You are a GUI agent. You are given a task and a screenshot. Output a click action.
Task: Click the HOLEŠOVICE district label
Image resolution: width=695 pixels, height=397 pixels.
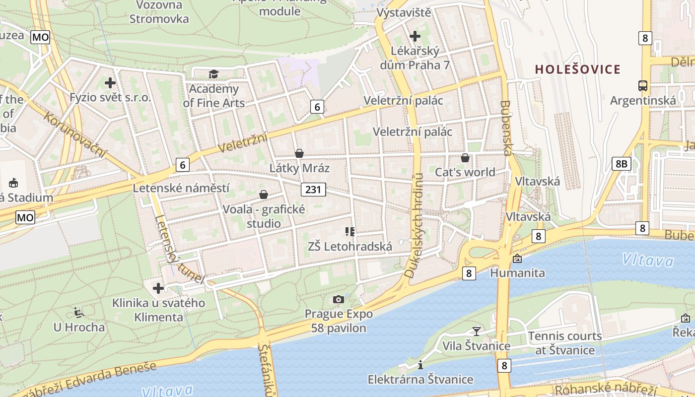pos(578,69)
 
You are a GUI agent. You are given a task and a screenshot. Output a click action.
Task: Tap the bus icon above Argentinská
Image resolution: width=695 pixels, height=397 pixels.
pos(643,85)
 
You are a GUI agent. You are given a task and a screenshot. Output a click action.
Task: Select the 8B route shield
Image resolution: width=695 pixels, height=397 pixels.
pos(621,164)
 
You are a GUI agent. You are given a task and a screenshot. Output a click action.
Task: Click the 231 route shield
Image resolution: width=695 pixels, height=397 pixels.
pos(313,189)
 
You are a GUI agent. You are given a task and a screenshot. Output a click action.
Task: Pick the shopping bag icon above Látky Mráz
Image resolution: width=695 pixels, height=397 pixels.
pos(299,153)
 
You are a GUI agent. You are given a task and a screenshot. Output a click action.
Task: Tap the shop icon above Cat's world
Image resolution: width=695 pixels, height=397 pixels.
pos(465,158)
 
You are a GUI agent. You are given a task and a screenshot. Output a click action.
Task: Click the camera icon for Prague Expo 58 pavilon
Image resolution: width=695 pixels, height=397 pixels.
pos(339,299)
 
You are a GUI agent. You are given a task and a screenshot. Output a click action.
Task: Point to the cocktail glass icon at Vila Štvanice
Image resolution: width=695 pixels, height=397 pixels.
pos(477,331)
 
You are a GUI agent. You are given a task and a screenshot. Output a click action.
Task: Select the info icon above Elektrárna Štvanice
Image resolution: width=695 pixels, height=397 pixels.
pos(420,365)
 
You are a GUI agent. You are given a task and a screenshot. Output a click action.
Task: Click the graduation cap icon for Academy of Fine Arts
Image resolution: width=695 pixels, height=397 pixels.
pos(213,74)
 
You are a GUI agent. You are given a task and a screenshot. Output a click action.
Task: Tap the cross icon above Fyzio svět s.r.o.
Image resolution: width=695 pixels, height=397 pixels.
pos(110,83)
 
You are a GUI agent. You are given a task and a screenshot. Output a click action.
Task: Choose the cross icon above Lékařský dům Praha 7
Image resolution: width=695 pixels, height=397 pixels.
pos(415,36)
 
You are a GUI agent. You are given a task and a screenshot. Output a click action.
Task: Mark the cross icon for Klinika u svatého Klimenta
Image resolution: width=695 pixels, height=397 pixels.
pos(158,288)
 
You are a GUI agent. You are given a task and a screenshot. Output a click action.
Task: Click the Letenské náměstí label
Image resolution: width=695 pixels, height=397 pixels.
pos(181,188)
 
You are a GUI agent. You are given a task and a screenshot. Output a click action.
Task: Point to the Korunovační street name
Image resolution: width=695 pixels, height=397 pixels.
pos(74,134)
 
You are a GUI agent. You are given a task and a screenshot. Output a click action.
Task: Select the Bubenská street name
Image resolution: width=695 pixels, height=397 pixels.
pos(506,128)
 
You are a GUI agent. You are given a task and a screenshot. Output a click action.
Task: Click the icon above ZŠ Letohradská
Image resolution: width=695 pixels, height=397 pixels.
pos(349,232)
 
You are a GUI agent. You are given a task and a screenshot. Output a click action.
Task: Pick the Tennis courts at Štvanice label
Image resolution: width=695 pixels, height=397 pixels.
pos(565,343)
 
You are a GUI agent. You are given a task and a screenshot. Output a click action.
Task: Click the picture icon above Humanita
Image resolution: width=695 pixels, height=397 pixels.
pos(517,259)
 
